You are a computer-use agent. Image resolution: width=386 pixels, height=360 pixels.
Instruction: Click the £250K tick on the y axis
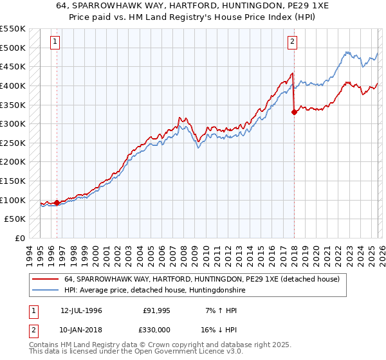pyautogui.click(x=13, y=143)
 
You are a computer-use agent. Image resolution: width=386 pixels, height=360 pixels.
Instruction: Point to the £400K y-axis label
pyautogui.click(x=13, y=85)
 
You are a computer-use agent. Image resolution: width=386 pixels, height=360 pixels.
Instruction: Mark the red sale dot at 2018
pyautogui.click(x=294, y=112)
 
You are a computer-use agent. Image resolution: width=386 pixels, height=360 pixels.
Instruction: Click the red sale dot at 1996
pyautogui.click(x=57, y=203)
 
